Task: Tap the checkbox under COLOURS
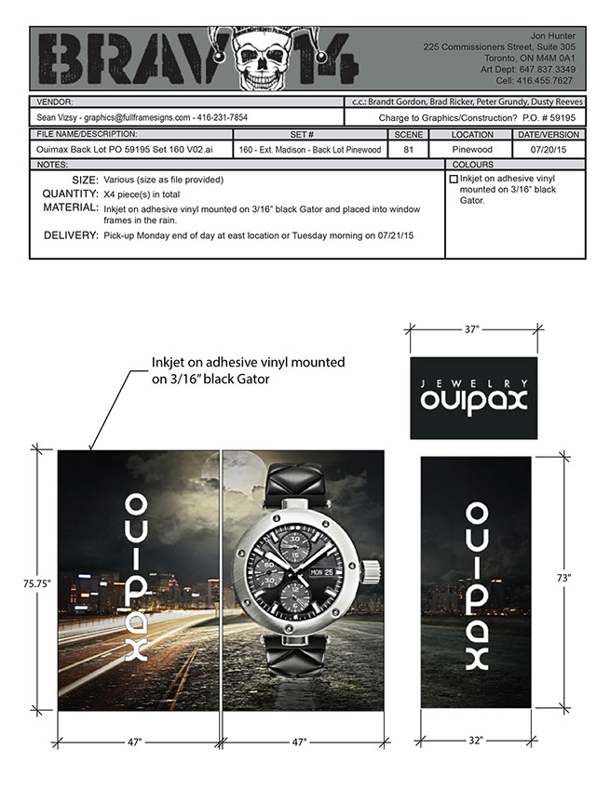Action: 454,179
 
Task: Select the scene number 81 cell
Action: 408,148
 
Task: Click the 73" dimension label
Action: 563,578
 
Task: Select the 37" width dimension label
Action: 474,328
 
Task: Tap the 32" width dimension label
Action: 476,741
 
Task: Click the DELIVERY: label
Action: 71,236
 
